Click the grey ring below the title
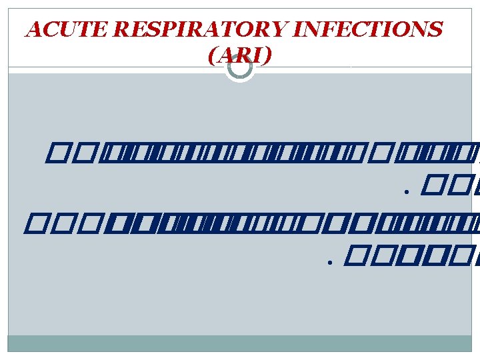coord(240,67)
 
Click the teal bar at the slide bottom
coord(240,343)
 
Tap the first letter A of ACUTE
coord(32,30)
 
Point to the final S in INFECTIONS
coord(435,30)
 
